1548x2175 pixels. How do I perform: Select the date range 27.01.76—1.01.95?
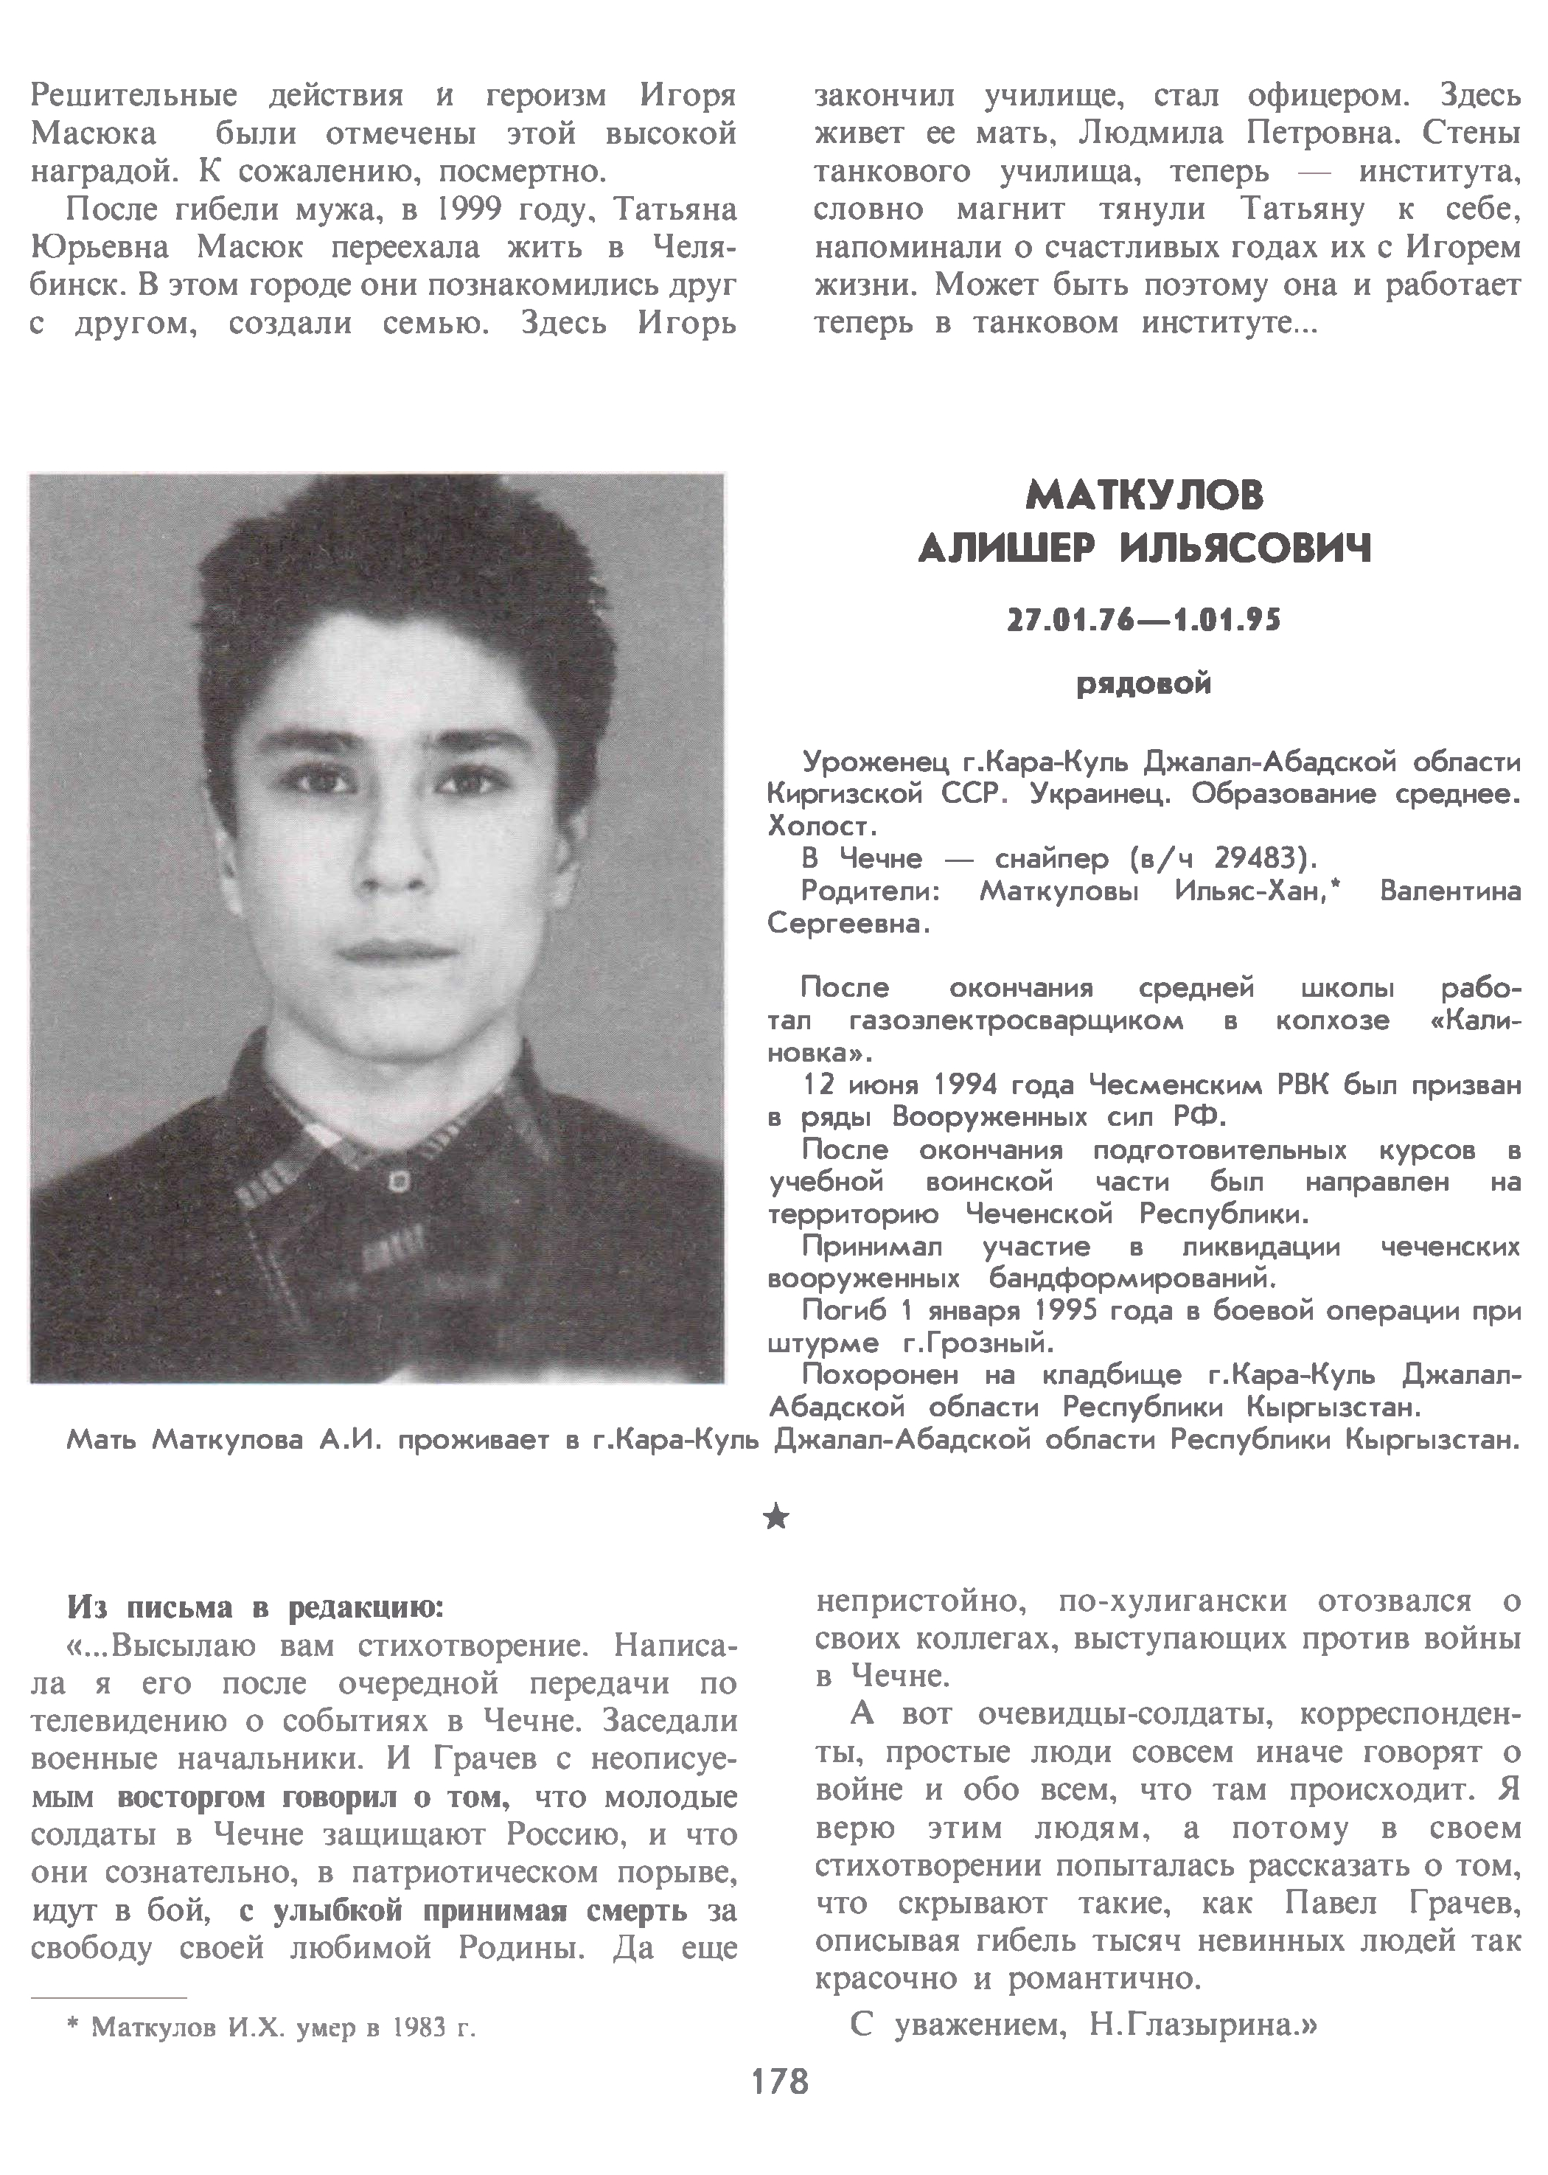pos(1144,622)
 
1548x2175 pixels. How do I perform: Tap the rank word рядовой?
pos(1144,684)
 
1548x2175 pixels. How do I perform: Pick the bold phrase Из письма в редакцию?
pos(256,1608)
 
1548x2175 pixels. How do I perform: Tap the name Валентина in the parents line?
pos(1450,891)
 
